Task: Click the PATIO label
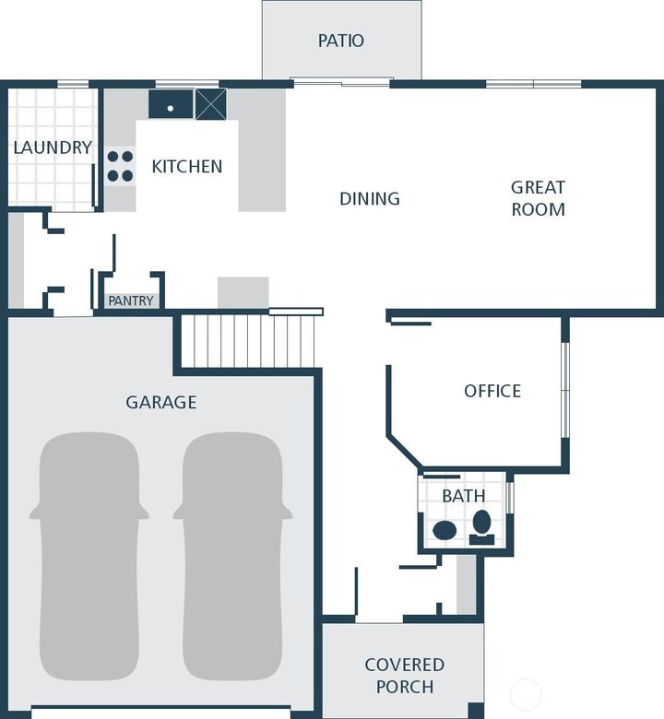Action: pyautogui.click(x=340, y=41)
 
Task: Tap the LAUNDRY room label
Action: pyautogui.click(x=53, y=147)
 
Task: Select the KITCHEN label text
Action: pyautogui.click(x=186, y=167)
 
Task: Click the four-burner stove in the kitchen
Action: pyautogui.click(x=120, y=166)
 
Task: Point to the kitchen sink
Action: pyautogui.click(x=171, y=105)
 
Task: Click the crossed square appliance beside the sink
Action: pyautogui.click(x=210, y=104)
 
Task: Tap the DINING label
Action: pyautogui.click(x=369, y=198)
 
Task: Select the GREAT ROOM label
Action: pyautogui.click(x=538, y=198)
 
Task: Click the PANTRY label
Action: pyautogui.click(x=130, y=301)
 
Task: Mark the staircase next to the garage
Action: pyautogui.click(x=248, y=341)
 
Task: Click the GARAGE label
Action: pyautogui.click(x=161, y=402)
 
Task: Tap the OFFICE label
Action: pyautogui.click(x=492, y=391)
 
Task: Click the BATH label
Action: pyautogui.click(x=463, y=496)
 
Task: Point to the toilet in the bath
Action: pyautogui.click(x=481, y=525)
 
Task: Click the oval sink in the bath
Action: pyautogui.click(x=445, y=530)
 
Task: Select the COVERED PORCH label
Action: pyautogui.click(x=404, y=675)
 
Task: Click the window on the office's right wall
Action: pyautogui.click(x=565, y=392)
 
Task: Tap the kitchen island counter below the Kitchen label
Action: pyautogui.click(x=243, y=292)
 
